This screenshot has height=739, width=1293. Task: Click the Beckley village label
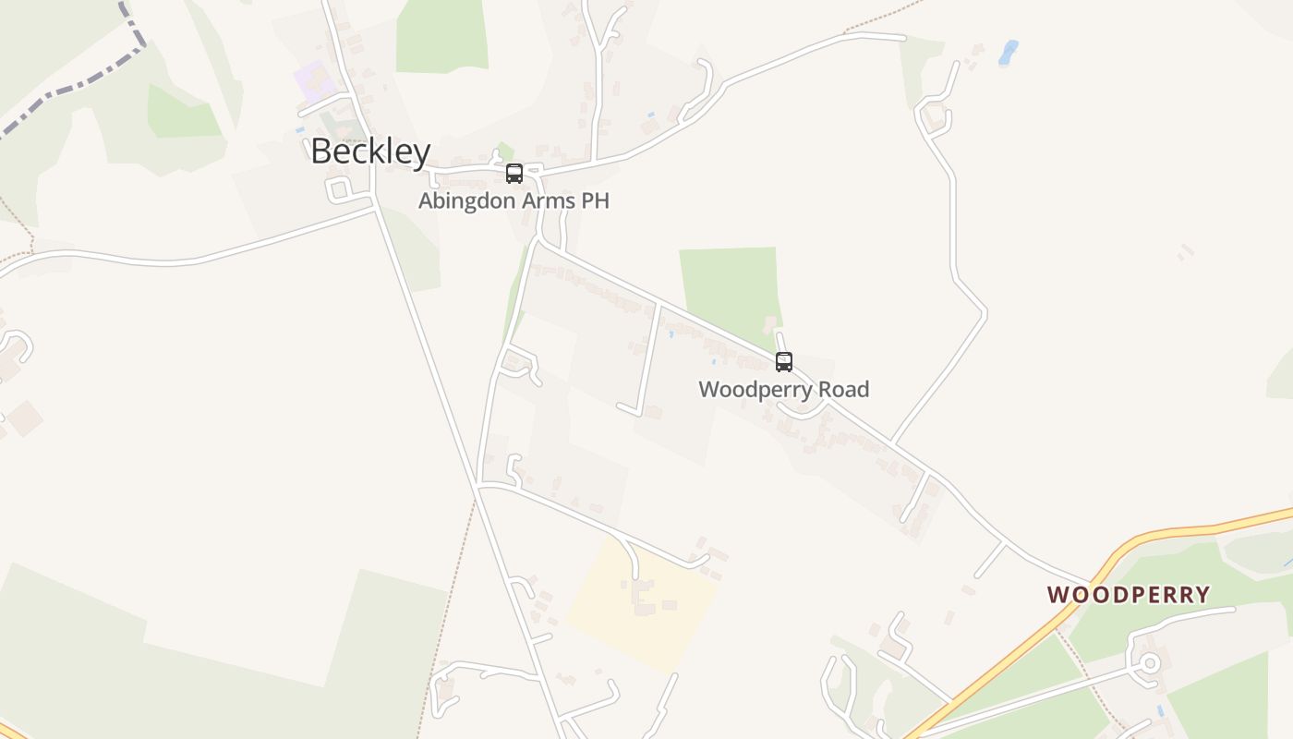370,151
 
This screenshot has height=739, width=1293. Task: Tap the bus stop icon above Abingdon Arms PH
514,174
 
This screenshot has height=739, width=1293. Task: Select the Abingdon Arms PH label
514,200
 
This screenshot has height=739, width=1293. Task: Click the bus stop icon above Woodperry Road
784,362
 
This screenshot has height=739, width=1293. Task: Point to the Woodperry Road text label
783,389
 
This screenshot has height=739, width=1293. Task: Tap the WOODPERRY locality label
1129,594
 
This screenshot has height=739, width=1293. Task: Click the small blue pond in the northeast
1008,53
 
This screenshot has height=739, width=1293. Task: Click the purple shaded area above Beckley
314,81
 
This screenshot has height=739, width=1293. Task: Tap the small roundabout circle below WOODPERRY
1150,663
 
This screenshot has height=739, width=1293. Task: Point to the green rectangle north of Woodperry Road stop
730,286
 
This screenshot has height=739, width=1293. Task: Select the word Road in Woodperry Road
844,389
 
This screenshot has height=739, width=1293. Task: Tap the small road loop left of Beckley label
339,190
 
